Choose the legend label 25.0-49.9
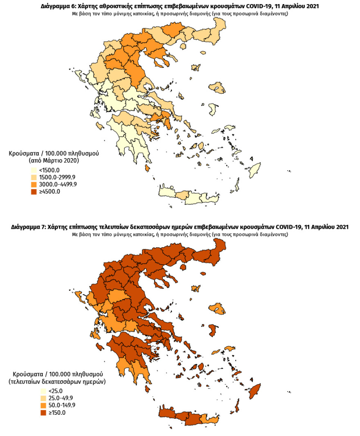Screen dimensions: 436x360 (x=61, y=398)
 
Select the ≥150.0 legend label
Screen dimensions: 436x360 (x=57, y=412)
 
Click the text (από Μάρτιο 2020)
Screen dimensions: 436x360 (x=54, y=161)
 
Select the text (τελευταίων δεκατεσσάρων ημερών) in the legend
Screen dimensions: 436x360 (x=57, y=382)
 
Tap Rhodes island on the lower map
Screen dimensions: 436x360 (x=257, y=390)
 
